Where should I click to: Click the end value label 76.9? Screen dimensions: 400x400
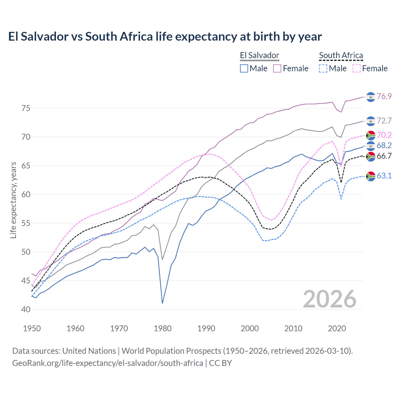384,96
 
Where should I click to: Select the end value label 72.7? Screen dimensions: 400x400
384,121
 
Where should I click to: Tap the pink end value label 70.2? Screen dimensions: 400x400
384,135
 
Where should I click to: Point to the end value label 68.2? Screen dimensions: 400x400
384,145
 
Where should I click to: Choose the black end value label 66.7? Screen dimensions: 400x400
384,156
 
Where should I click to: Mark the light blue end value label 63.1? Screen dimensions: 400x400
384,176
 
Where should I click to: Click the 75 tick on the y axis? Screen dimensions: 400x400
26,108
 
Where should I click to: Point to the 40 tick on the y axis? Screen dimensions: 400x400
26,309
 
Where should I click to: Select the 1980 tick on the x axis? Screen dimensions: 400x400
162,328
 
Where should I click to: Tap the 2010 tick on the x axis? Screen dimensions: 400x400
293,328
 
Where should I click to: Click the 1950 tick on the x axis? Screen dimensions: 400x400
32,328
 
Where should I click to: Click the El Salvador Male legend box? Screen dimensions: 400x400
244,68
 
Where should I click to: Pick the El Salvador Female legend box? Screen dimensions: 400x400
277,68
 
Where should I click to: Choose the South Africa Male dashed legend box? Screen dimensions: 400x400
323,68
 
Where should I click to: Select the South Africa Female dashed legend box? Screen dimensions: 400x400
357,68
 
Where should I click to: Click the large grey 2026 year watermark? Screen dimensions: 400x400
330,299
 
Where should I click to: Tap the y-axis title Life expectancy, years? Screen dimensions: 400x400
13,200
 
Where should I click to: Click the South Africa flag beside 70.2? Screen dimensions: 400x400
371,135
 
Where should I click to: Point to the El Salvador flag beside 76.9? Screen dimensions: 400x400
371,97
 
